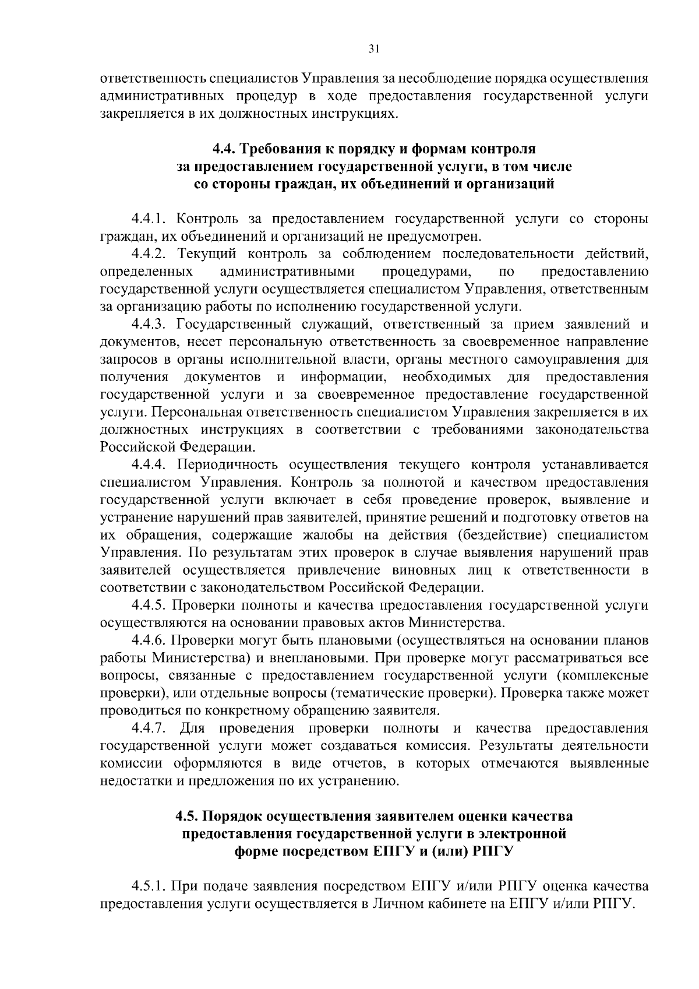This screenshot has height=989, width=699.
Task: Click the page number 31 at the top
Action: tap(374, 50)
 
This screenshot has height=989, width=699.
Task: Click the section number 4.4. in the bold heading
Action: tap(224, 149)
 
